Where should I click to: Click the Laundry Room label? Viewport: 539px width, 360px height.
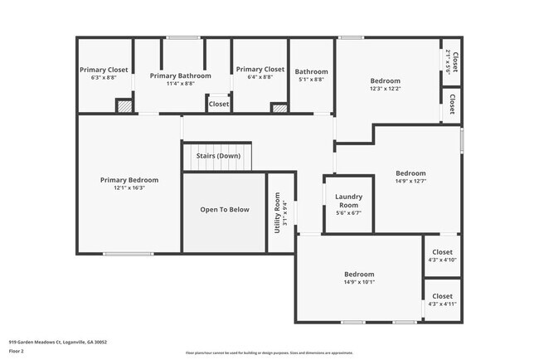348,201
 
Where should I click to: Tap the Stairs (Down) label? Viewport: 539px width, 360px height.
218,156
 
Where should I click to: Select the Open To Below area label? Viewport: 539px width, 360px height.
224,210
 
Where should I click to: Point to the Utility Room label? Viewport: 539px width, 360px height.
278,213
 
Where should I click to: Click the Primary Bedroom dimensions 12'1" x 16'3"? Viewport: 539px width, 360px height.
129,187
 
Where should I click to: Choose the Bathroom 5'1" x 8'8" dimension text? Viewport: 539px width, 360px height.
311,80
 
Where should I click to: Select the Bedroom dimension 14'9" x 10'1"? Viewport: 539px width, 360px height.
359,282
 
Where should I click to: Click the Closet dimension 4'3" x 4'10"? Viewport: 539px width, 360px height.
442,260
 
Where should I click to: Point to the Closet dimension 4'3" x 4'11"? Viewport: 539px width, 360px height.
442,304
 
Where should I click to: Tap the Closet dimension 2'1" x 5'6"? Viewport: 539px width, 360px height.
448,63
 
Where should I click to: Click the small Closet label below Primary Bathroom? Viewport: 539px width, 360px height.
219,105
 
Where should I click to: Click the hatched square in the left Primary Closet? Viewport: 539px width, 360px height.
124,106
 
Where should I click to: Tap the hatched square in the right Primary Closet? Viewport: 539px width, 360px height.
280,107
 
